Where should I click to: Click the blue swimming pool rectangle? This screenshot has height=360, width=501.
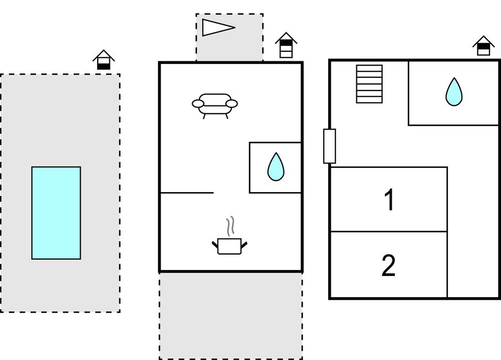[x=56, y=213]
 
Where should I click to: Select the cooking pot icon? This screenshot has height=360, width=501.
[x=229, y=246]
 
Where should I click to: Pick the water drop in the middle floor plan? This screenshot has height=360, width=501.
[x=275, y=166]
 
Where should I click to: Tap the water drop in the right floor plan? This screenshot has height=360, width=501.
[x=453, y=92]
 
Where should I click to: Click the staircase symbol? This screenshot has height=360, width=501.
[x=369, y=84]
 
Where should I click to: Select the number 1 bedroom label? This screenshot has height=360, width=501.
[x=389, y=200]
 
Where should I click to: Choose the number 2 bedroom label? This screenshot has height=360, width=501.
[x=389, y=266]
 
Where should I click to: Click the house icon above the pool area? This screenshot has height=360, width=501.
[x=103, y=60]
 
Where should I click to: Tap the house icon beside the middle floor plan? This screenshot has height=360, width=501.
[x=286, y=45]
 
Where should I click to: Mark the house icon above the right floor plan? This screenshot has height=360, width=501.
[x=483, y=46]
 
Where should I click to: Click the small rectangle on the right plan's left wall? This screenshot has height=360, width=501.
[x=329, y=146]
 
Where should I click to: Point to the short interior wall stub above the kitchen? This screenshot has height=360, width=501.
[x=187, y=193]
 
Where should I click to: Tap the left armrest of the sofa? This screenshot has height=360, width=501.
[x=198, y=103]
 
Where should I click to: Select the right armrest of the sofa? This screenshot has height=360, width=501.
[x=232, y=103]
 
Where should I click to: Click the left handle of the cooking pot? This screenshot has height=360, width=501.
[x=215, y=244]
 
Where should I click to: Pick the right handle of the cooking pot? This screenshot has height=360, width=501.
[x=244, y=244]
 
